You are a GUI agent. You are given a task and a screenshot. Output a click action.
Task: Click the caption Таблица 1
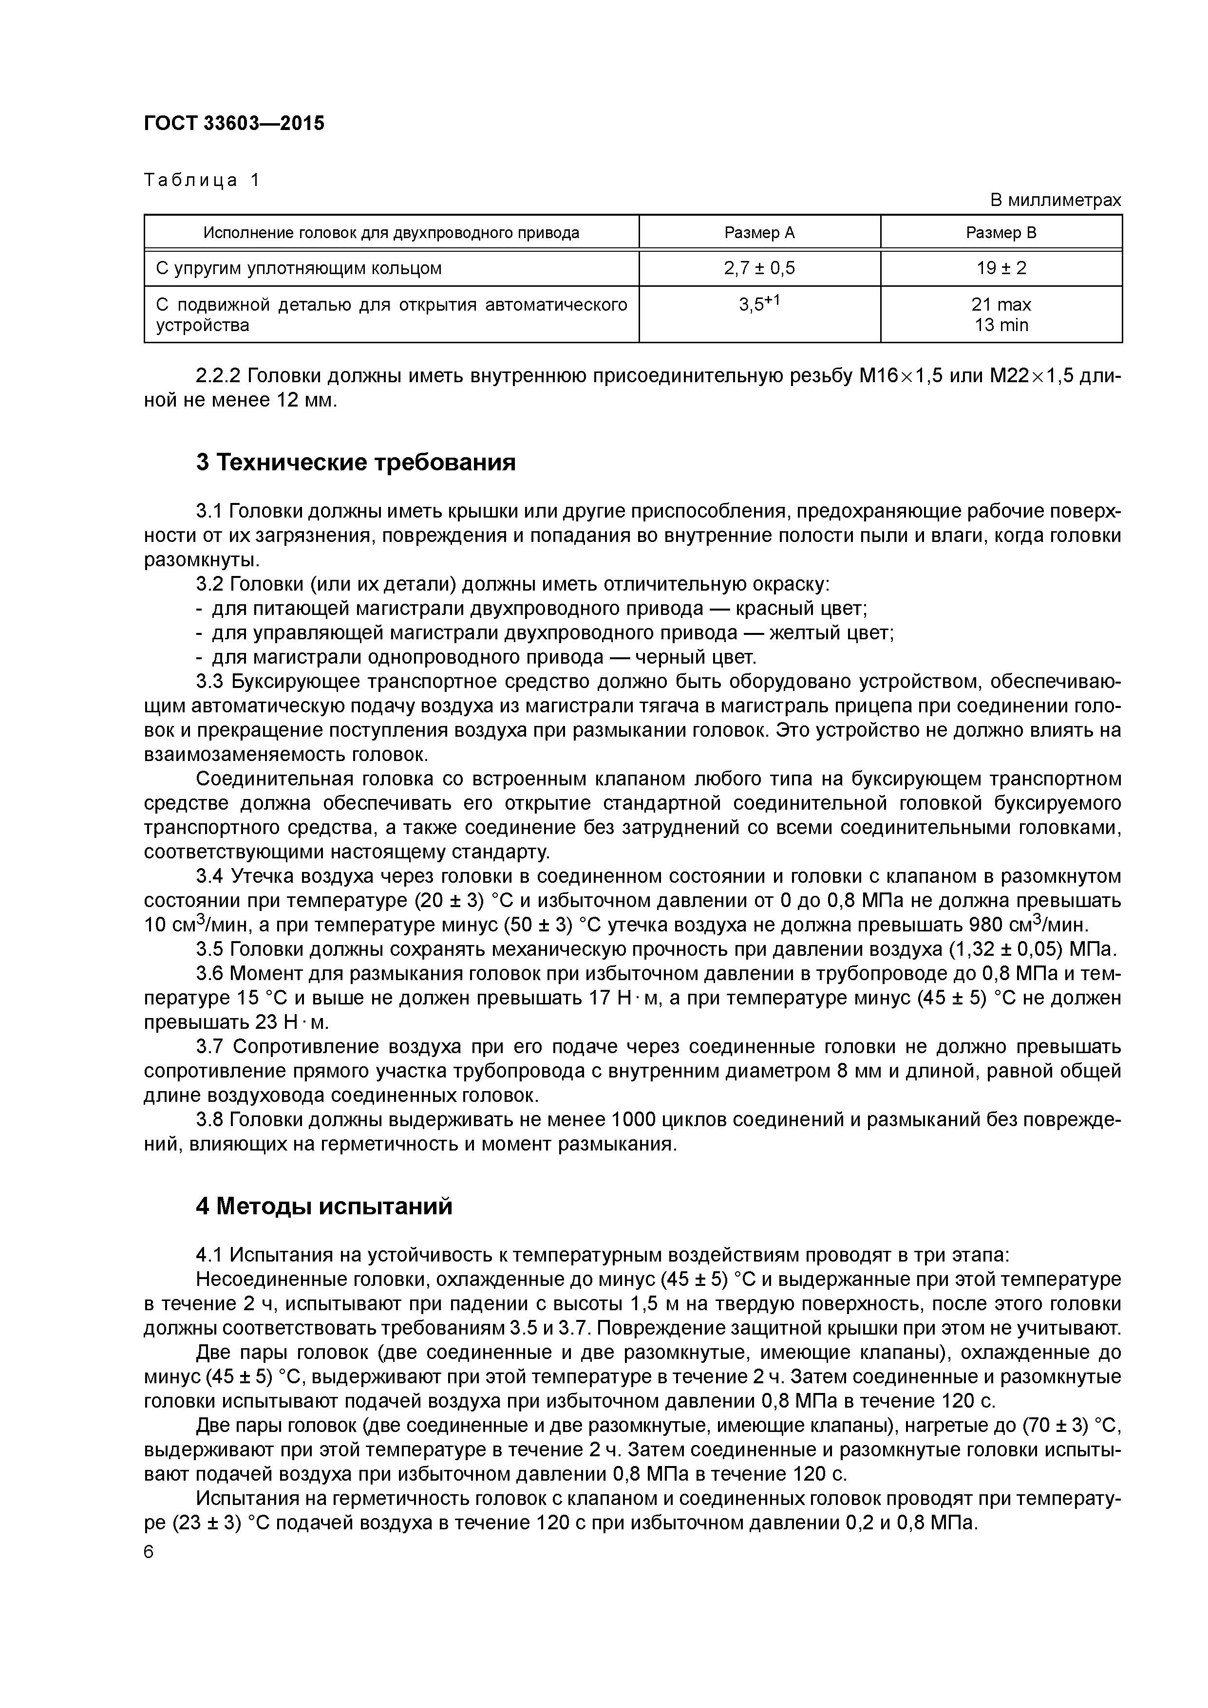(x=202, y=180)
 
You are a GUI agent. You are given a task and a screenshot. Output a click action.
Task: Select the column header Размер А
(x=759, y=233)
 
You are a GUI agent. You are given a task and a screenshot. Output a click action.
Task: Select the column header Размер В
(x=1000, y=233)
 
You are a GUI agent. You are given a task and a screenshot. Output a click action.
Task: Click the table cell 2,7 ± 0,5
(x=759, y=268)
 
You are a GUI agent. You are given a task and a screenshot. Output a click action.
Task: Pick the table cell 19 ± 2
(x=1001, y=268)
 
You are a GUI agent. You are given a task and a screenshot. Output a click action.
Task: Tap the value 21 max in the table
(x=1001, y=304)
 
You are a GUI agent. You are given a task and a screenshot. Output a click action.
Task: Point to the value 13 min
(x=1001, y=325)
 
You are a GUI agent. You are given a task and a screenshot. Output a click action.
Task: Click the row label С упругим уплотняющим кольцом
(x=299, y=268)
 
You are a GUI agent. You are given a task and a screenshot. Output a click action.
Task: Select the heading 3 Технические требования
(x=356, y=463)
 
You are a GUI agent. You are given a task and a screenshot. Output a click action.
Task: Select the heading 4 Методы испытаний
(x=324, y=1206)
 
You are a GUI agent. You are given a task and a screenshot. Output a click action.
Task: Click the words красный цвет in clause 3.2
(x=801, y=609)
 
